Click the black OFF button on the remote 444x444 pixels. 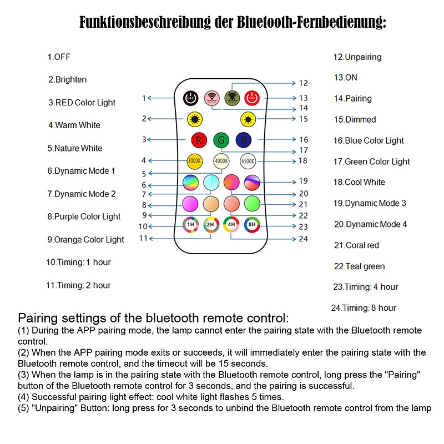tap(190, 98)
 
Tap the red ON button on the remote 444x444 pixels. tap(252, 98)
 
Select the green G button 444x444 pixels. tap(221, 139)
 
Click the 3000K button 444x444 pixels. tap(194, 161)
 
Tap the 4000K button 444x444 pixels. tap(221, 161)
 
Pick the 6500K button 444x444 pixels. tap(248, 161)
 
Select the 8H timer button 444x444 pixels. tap(252, 225)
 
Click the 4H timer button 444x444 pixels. tap(231, 225)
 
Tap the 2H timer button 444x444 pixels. tap(211, 225)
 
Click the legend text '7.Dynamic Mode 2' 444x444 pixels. tap(82, 194)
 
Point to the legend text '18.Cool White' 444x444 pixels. tap(359, 182)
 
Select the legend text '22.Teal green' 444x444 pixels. tap(359, 266)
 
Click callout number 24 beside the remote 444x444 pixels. tap(303, 239)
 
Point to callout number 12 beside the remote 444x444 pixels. tap(303, 83)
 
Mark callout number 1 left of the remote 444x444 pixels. tap(144, 98)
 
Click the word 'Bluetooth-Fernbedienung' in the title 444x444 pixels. tap(311, 23)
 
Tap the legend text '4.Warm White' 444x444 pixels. tap(74, 125)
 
